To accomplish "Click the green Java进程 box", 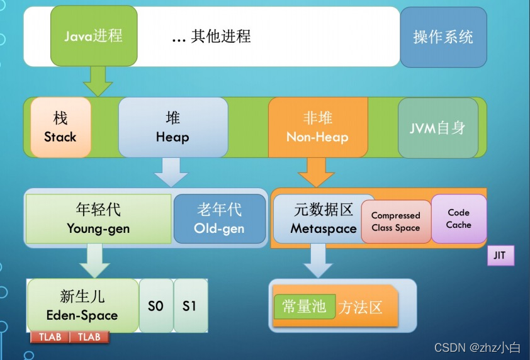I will coord(93,36).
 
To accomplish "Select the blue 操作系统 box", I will coord(443,37).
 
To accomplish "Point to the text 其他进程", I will coord(211,37).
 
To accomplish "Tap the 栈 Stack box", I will coord(60,127).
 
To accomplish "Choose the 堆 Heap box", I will coord(172,127).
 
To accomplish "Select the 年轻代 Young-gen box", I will coord(98,218).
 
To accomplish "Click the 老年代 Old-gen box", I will coord(219,218).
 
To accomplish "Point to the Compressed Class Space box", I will coord(396,222).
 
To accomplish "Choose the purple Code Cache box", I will coord(459,218).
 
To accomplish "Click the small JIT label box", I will coord(501,256).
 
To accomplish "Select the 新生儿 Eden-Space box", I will coord(82,305).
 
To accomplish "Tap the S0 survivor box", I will coord(155,306).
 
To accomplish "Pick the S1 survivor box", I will coord(190,306).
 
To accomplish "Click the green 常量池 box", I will coord(304,307).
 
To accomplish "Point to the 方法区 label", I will coord(361,307).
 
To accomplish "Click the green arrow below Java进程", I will coord(98,81).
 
